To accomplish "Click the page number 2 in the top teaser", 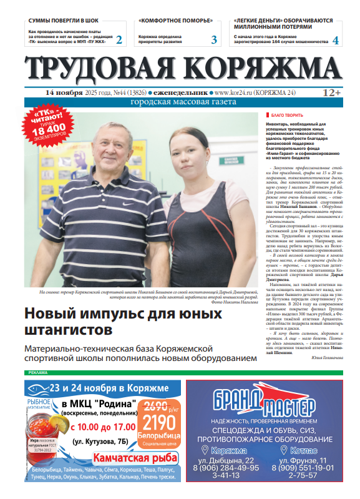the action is click(119, 40).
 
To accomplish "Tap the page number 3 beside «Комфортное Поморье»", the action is click(214, 40).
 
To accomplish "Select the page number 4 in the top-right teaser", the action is click(336, 40).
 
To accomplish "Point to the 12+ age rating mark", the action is click(331, 92).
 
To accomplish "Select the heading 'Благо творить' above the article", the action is click(286, 116).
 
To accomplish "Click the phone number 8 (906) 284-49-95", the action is click(226, 468).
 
